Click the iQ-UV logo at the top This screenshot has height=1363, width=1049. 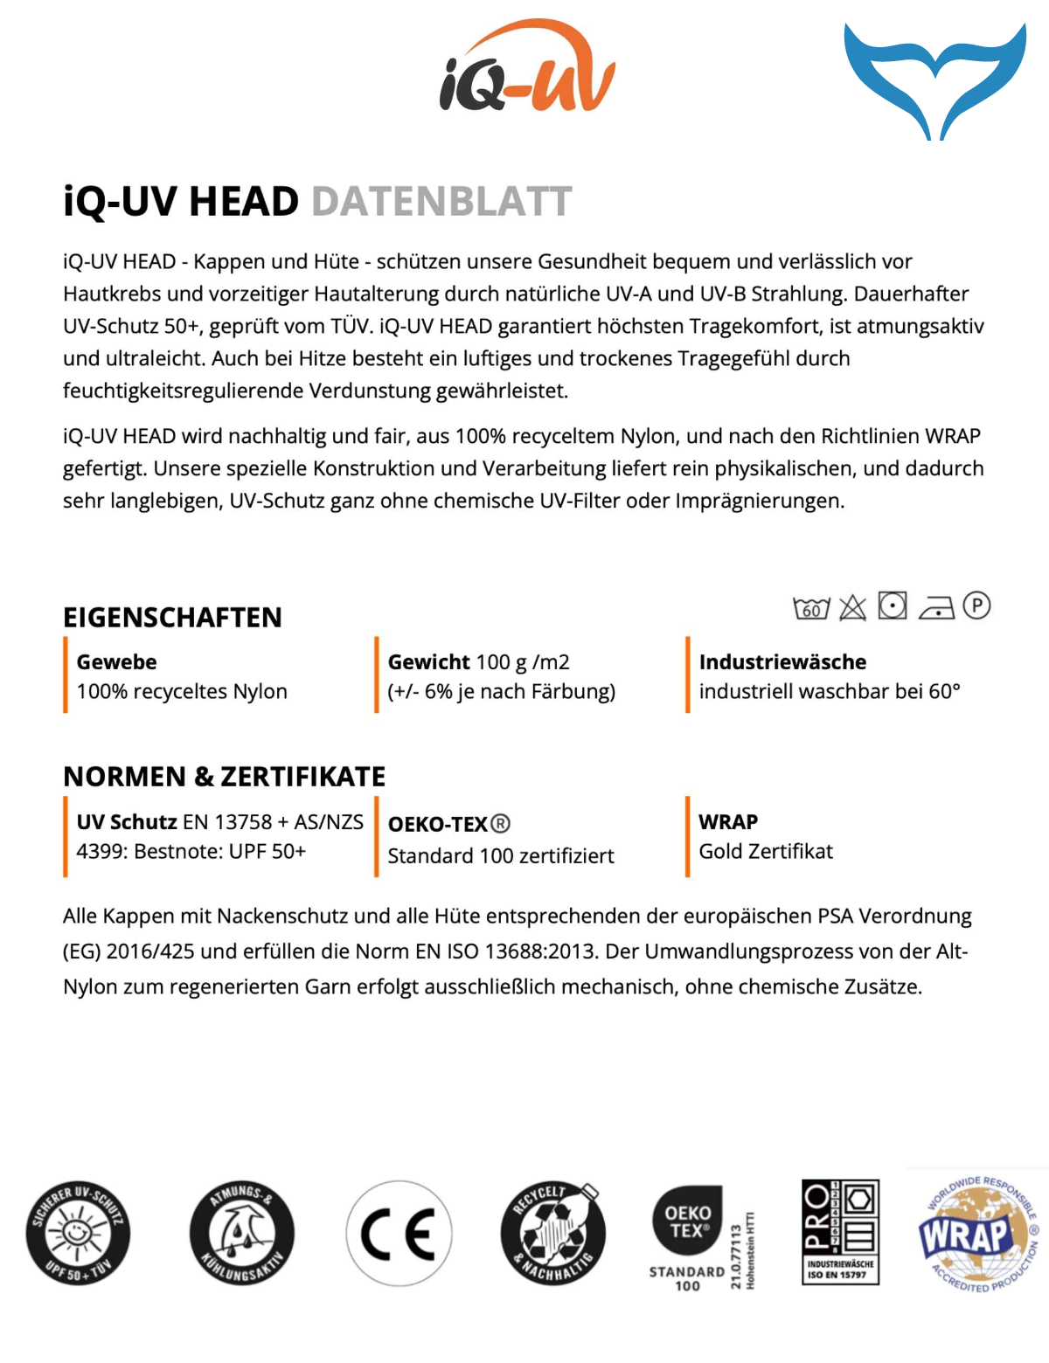527,68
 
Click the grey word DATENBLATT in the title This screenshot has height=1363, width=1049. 441,202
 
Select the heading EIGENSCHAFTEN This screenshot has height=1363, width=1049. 172,618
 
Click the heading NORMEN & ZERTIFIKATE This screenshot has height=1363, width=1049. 224,777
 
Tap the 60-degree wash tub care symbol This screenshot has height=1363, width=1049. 810,607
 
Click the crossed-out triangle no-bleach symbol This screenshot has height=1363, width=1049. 852,607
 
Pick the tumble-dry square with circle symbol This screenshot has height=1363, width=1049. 893,605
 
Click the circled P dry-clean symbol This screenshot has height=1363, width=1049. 976,605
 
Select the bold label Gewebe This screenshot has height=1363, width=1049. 116,662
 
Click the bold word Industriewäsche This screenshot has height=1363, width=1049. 782,662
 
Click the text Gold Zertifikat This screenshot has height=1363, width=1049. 766,852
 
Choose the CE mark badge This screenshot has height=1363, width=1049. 399,1234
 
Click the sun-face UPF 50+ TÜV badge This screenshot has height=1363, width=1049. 78,1234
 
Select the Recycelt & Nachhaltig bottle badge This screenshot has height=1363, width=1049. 552,1234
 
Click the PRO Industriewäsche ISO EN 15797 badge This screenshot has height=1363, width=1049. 840,1232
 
